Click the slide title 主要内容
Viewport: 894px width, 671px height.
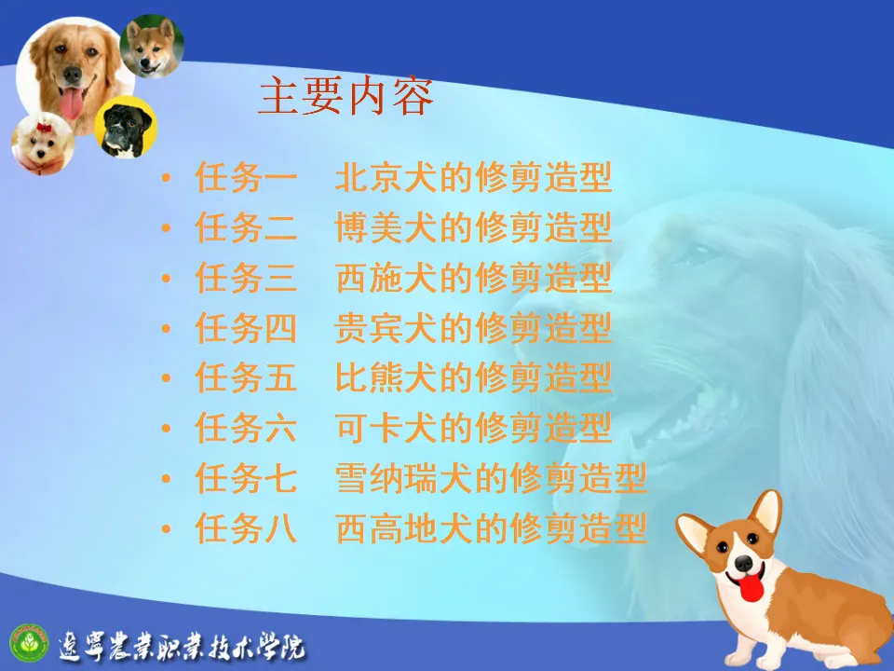click(x=346, y=96)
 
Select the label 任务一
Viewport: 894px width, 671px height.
click(x=246, y=177)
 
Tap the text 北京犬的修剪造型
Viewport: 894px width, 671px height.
click(x=473, y=177)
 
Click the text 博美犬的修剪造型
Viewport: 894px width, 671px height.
click(x=473, y=227)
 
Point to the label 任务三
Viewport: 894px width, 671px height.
click(x=246, y=278)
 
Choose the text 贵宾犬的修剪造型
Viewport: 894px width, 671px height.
click(x=473, y=328)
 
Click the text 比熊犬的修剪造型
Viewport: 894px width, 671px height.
click(x=473, y=377)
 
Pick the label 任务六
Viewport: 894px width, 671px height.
click(x=246, y=428)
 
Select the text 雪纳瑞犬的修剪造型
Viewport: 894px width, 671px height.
click(x=491, y=478)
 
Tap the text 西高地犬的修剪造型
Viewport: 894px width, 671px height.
click(x=491, y=528)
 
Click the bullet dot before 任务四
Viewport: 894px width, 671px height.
click(x=167, y=329)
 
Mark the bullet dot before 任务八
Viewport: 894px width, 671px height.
click(x=167, y=529)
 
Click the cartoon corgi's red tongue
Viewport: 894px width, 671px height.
click(x=751, y=588)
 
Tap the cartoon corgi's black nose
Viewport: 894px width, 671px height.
click(x=743, y=563)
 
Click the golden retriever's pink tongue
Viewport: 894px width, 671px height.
click(x=72, y=103)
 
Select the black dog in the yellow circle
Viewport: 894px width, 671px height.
click(x=126, y=129)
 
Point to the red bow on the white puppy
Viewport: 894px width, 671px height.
click(x=45, y=128)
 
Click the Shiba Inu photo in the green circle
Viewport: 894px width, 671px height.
click(x=152, y=47)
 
